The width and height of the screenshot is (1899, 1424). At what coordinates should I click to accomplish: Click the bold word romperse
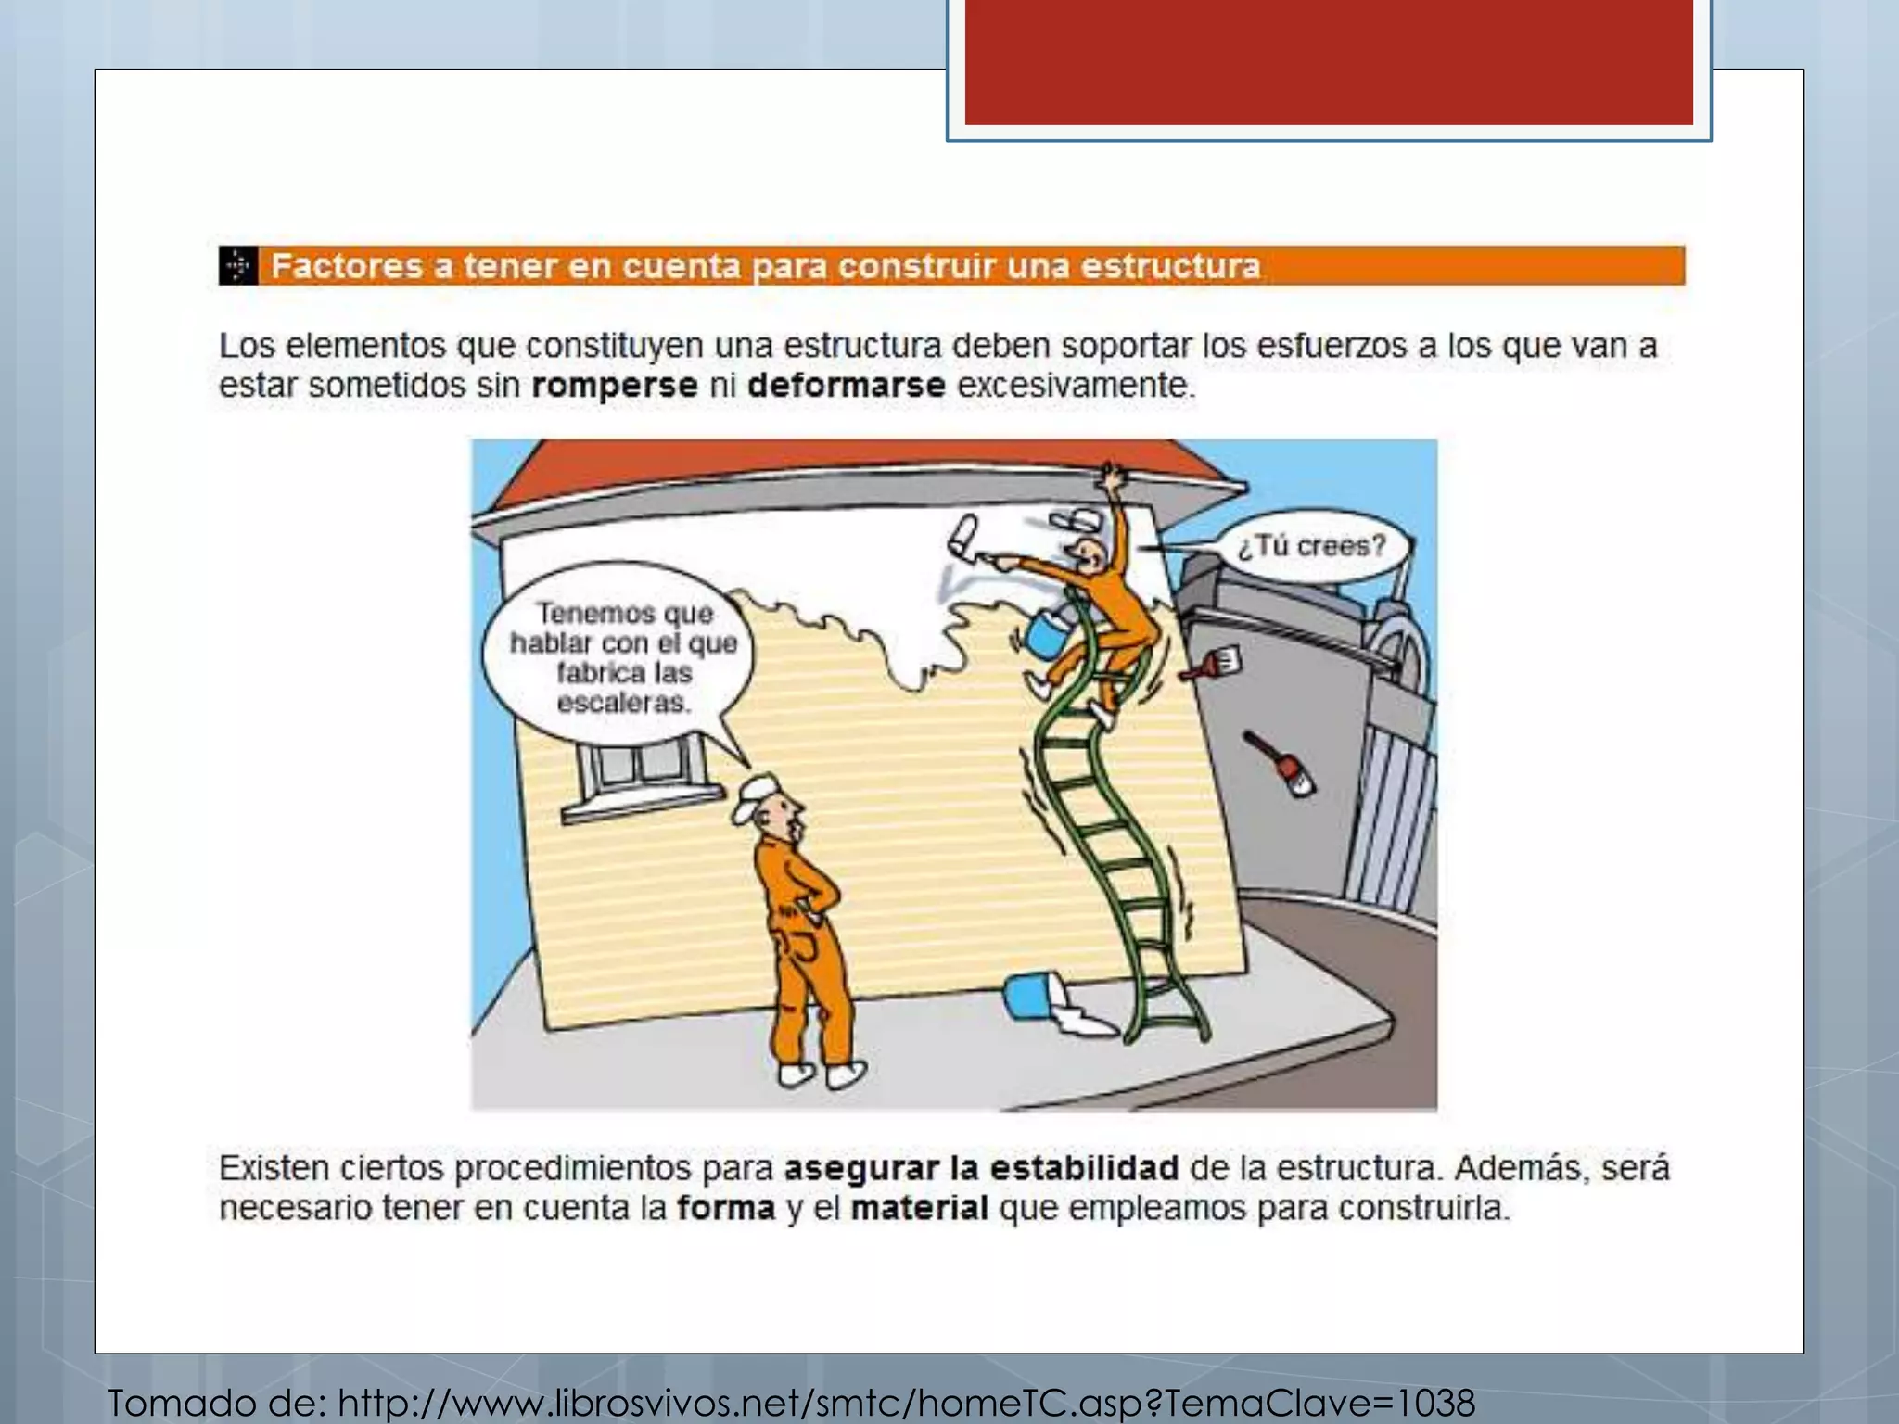pyautogui.click(x=614, y=386)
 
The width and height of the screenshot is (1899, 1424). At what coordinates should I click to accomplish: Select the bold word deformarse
pyautogui.click(x=846, y=386)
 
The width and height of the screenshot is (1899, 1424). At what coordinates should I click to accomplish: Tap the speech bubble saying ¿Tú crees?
pyautogui.click(x=1311, y=546)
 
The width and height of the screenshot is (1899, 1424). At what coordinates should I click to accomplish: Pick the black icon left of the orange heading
pyautogui.click(x=238, y=266)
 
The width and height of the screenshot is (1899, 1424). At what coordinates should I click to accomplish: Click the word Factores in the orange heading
pyautogui.click(x=347, y=267)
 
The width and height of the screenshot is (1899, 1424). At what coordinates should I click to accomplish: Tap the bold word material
pyautogui.click(x=919, y=1209)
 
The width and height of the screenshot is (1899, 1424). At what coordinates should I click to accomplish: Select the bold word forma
pyautogui.click(x=725, y=1209)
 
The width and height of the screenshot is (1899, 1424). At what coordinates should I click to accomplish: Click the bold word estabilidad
pyautogui.click(x=1084, y=1168)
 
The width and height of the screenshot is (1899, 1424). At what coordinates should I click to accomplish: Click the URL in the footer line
pyautogui.click(x=905, y=1402)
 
